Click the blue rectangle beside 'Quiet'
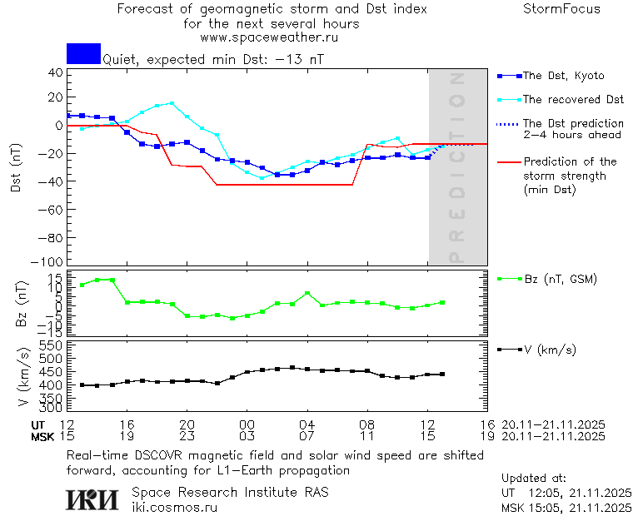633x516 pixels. click(83, 53)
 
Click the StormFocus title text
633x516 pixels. click(561, 9)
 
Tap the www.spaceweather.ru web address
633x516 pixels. click(269, 37)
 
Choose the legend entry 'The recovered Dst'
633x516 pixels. click(573, 100)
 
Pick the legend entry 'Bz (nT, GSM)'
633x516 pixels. click(561, 279)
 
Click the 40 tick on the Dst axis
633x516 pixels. click(55, 72)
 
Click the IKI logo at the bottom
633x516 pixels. click(92, 499)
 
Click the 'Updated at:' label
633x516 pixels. click(533, 479)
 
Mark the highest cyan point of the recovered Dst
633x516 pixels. click(172, 103)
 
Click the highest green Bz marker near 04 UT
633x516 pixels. click(307, 293)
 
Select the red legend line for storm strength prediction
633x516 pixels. click(508, 162)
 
